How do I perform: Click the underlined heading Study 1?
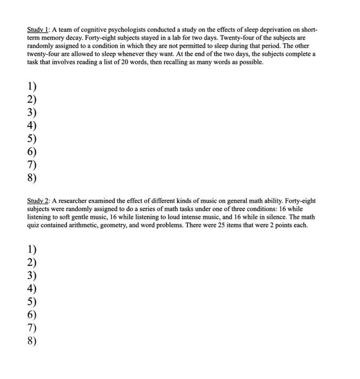[38, 29]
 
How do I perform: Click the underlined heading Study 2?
[38, 201]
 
